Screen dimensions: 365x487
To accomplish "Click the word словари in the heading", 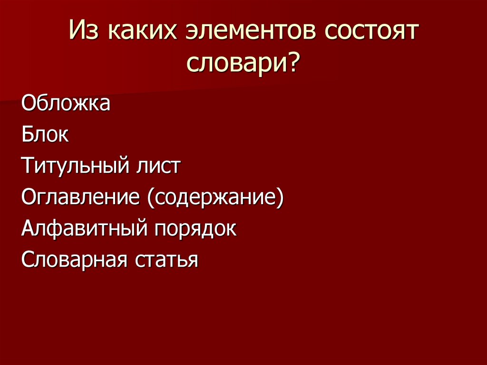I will click(x=235, y=62).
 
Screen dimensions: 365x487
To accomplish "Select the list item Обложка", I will click(x=66, y=103).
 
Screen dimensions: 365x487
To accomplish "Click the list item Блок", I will click(x=45, y=135).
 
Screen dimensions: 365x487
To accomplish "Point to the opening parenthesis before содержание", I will click(x=150, y=198).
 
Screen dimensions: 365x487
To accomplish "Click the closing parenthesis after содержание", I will click(x=281, y=198).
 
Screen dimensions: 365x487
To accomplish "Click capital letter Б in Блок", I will click(x=27, y=135).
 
